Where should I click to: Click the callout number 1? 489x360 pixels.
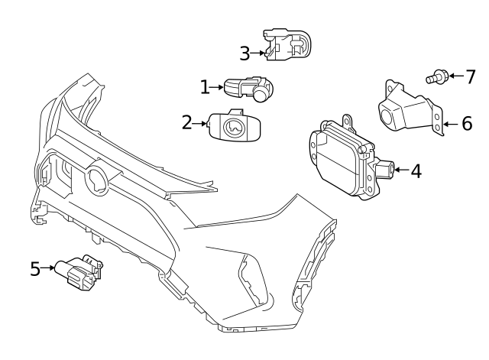pos(205,88)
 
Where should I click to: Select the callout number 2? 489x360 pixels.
pos(187,122)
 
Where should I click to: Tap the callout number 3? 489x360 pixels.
pos(244,54)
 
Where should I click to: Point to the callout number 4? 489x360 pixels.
pos(416,170)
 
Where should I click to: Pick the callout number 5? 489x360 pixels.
pos(35,268)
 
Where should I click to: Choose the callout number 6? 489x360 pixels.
pos(467,124)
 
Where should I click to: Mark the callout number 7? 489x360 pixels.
pos(470,76)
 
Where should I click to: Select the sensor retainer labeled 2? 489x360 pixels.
pos(235,125)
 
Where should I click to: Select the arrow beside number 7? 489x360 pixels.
pos(453,76)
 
